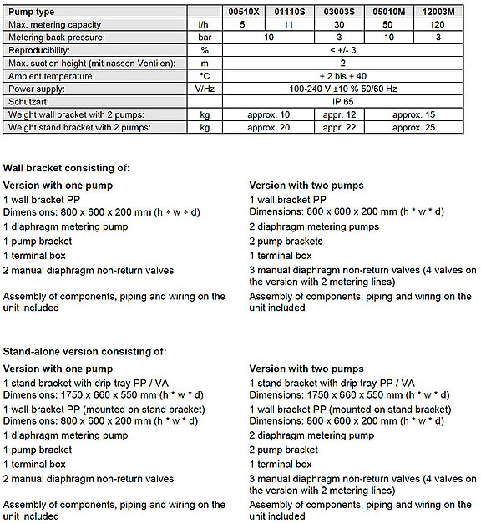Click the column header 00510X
coord(244,13)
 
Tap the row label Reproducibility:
coord(42,49)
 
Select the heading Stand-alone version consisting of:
coord(85,351)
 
